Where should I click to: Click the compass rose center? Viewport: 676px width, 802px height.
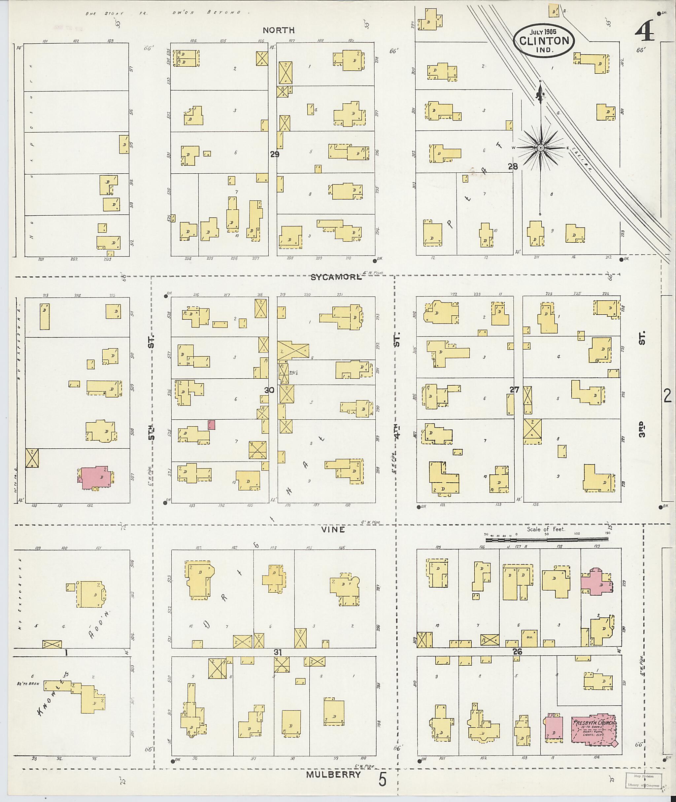pyautogui.click(x=540, y=148)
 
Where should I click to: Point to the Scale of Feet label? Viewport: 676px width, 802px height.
pyautogui.click(x=546, y=529)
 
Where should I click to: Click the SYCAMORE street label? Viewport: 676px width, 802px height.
pyautogui.click(x=336, y=278)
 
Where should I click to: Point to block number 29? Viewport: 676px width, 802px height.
pyautogui.click(x=274, y=155)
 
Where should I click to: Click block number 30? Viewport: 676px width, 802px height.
pyautogui.click(x=269, y=390)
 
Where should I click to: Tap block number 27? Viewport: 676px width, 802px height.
pyautogui.click(x=514, y=390)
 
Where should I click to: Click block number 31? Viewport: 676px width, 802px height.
pyautogui.click(x=278, y=652)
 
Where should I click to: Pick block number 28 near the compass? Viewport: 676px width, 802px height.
pyautogui.click(x=513, y=166)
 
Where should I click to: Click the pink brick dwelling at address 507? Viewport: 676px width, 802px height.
pyautogui.click(x=95, y=478)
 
